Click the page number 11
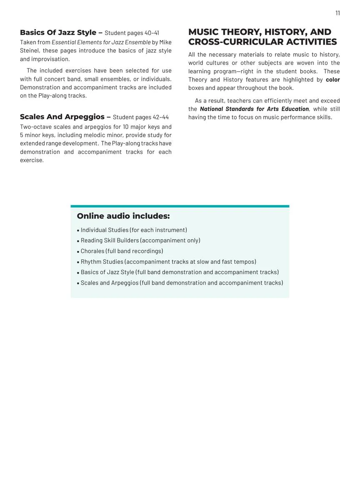click(x=337, y=13)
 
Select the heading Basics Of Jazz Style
click(x=58, y=32)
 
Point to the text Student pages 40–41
click(x=132, y=33)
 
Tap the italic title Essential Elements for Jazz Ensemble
click(x=101, y=42)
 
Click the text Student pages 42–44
click(x=141, y=117)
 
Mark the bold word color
click(x=332, y=80)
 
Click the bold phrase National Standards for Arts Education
click(x=254, y=109)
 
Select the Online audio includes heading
click(x=123, y=216)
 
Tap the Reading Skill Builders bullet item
click(x=140, y=240)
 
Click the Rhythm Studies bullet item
click(x=168, y=262)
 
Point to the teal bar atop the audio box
click(x=180, y=206)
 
